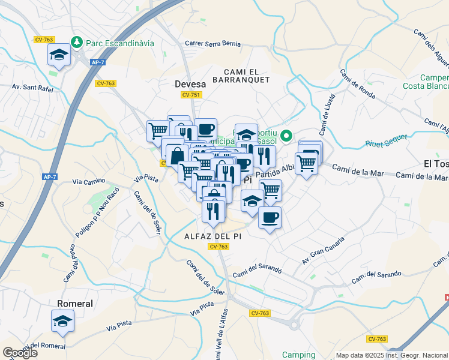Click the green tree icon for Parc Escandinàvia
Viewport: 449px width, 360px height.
[76, 43]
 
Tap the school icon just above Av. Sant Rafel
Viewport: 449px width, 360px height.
[59, 55]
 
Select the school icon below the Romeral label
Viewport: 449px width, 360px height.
[62, 322]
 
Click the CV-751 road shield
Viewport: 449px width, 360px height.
[191, 95]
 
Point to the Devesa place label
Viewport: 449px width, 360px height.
[190, 84]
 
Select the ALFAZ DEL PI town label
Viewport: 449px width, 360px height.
[212, 237]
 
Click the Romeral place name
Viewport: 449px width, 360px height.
[74, 304]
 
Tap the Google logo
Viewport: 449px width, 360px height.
[20, 353]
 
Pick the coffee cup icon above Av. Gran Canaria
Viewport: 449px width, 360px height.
[270, 217]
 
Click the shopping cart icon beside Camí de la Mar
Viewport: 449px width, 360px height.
[306, 163]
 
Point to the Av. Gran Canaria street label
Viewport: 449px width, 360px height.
[325, 252]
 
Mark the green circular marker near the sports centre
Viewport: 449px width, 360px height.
[287, 135]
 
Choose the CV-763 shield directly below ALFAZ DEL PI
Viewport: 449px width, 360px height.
[218, 247]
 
